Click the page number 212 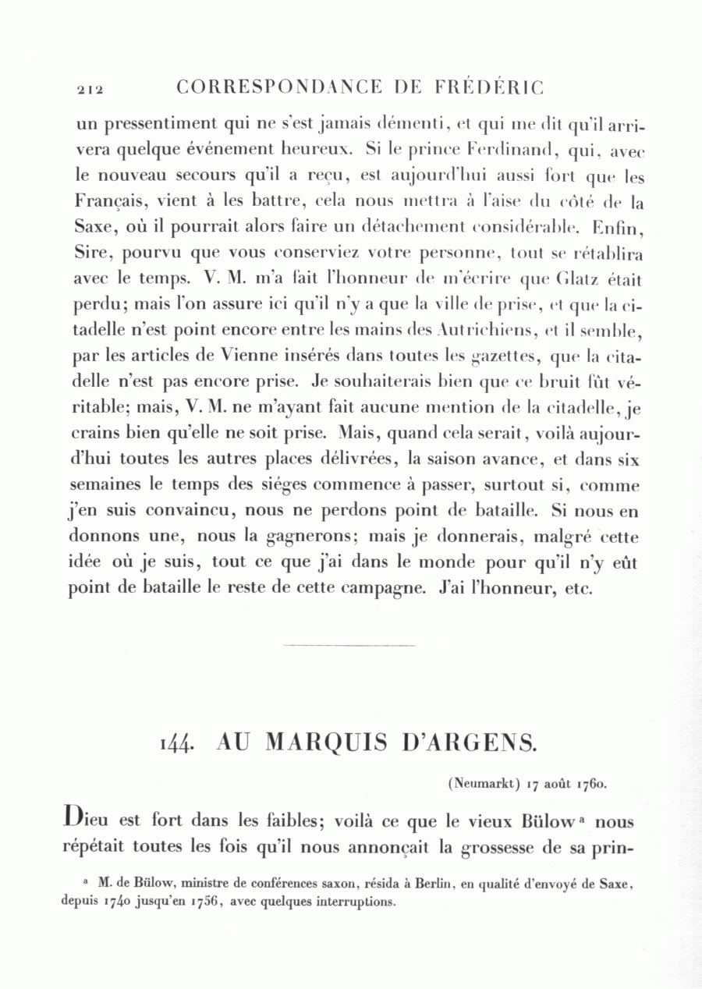90,90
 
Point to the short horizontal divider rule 349,645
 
